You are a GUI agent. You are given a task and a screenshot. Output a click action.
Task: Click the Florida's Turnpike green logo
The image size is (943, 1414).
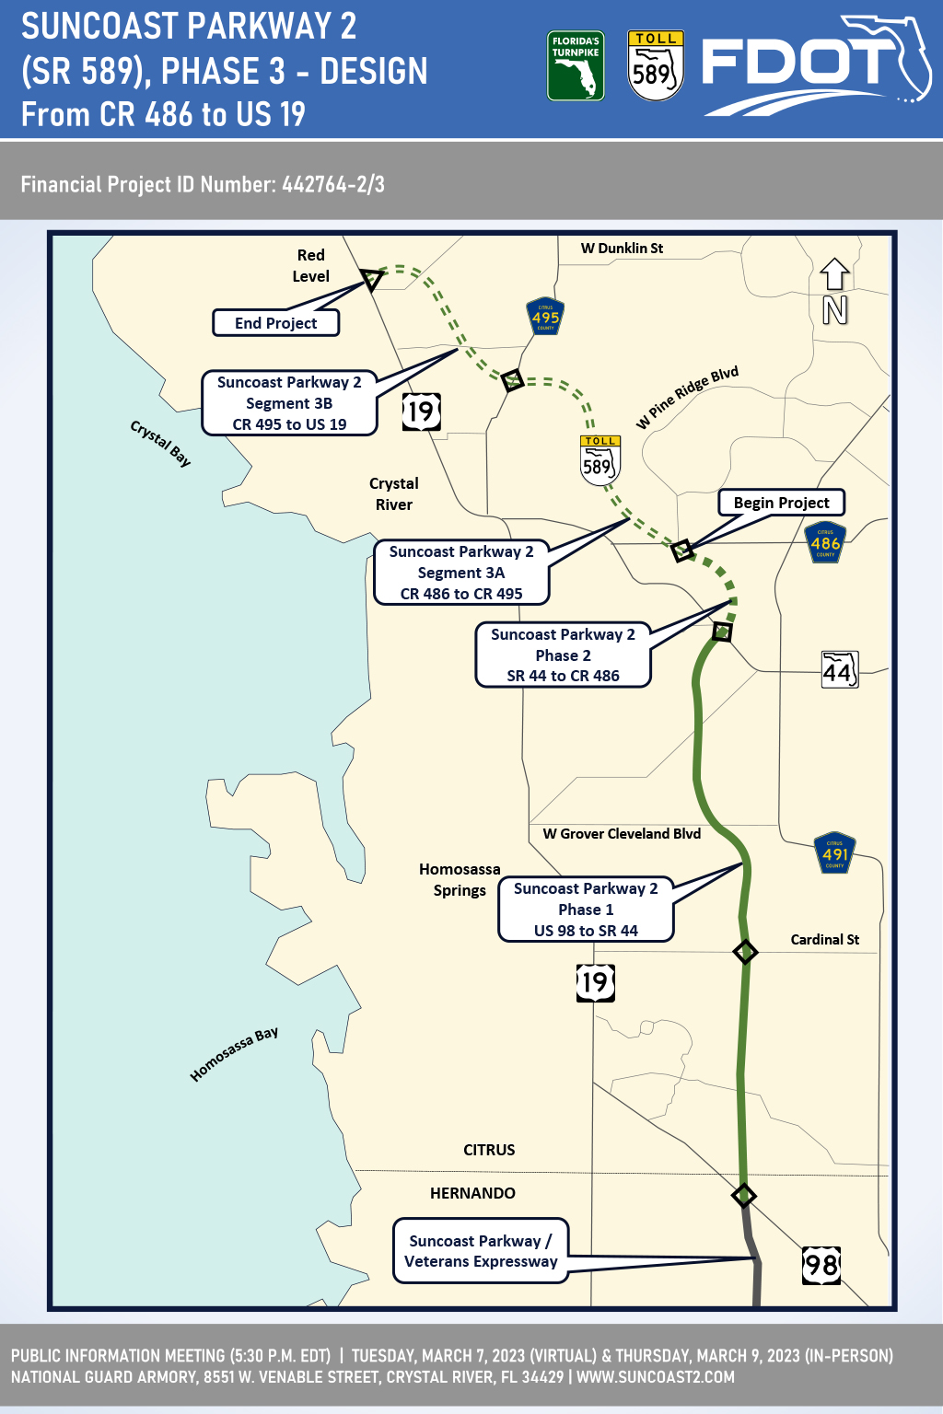tap(576, 66)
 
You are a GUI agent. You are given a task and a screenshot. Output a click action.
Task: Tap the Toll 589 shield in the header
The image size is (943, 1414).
tap(655, 65)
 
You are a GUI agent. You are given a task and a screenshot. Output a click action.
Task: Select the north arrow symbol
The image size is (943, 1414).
tap(834, 291)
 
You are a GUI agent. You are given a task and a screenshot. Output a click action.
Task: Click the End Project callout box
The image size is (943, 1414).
tap(275, 323)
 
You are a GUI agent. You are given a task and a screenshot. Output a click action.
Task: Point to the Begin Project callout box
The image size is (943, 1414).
tap(781, 503)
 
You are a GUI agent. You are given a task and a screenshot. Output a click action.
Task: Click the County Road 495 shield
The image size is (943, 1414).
tap(544, 317)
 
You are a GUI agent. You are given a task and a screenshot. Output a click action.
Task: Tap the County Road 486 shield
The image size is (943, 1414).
tap(825, 543)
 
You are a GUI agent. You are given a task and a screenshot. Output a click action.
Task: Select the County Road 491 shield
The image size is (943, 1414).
tap(834, 853)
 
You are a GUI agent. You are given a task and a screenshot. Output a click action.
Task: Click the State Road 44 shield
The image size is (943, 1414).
tap(839, 670)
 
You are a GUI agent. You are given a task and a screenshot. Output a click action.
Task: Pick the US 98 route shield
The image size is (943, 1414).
tap(821, 1265)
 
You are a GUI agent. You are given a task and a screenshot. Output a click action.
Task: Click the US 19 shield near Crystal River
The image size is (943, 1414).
tap(421, 411)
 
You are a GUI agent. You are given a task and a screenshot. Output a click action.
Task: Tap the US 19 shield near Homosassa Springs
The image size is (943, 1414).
tap(595, 982)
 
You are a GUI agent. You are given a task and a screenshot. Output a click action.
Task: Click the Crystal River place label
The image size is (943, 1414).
tap(394, 494)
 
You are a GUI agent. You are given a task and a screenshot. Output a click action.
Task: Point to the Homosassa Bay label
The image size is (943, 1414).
tap(234, 1055)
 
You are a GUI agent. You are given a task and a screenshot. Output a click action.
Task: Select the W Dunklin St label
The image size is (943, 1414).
tap(622, 249)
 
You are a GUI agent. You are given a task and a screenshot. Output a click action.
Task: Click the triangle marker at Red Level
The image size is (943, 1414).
tap(372, 278)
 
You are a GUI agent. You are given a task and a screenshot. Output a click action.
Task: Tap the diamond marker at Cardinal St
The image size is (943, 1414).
tap(745, 952)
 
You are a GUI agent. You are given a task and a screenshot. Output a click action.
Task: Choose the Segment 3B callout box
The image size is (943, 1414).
tap(289, 403)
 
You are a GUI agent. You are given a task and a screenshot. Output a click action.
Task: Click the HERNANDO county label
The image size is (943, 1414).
tap(472, 1193)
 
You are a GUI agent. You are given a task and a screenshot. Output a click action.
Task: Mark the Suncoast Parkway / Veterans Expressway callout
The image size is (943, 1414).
tap(481, 1251)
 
